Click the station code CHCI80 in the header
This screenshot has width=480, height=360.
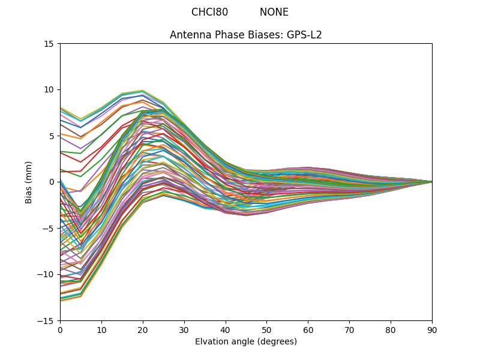click(209, 12)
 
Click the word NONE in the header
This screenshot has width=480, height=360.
click(274, 12)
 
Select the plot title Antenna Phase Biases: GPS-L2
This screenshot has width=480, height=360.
click(246, 35)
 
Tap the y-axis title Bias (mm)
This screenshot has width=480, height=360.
click(29, 182)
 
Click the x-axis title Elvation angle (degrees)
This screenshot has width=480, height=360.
click(246, 341)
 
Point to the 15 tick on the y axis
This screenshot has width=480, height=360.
click(49, 43)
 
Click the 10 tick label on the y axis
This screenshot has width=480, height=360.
click(49, 89)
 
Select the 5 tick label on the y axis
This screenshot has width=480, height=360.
click(52, 136)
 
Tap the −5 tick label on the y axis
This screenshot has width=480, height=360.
click(49, 228)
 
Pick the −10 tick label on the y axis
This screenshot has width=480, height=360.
click(47, 274)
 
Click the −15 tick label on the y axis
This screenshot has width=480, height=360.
click(47, 320)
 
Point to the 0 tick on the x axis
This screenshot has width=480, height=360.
click(60, 329)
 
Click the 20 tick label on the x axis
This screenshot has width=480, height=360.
click(143, 329)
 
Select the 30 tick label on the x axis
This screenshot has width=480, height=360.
click(184, 329)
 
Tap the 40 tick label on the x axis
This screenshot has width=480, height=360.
click(226, 329)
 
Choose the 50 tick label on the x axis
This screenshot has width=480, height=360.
click(266, 329)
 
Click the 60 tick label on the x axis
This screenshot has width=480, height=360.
click(308, 329)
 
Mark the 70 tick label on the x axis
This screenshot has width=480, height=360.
click(349, 329)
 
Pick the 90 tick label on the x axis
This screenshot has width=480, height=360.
click(432, 329)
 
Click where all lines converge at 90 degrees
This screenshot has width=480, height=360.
click(431, 182)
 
